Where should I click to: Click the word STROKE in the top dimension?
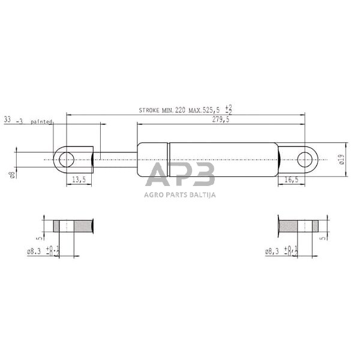point(150,110)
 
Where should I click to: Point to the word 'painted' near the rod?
point(43,122)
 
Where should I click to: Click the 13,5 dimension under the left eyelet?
point(79,179)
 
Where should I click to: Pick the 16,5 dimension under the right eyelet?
point(291,179)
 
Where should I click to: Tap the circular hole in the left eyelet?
point(67,160)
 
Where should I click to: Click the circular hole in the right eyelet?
point(305,160)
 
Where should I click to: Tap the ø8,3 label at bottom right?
point(274,253)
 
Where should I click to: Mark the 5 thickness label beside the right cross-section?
point(322,237)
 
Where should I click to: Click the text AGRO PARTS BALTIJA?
point(180,194)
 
